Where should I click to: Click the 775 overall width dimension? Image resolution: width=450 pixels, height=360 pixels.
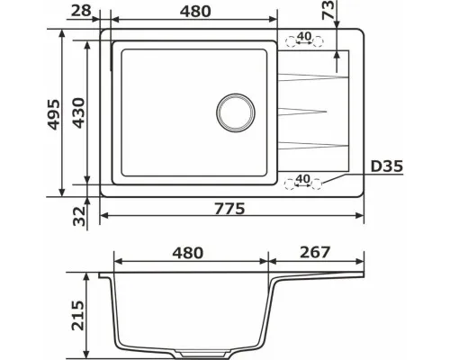[x=229, y=209]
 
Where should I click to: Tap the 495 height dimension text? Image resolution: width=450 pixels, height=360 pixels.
[x=54, y=114]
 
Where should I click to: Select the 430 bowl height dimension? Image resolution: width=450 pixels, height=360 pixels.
[x=79, y=112]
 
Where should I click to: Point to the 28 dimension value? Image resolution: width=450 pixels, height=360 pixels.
[x=81, y=11]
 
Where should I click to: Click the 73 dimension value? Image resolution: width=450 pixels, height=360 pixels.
[x=328, y=10]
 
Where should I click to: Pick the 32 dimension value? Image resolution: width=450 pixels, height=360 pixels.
[x=79, y=216]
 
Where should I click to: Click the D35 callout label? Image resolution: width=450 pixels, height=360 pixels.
[x=387, y=166]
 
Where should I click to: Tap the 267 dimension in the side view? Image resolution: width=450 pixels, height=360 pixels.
[x=315, y=252]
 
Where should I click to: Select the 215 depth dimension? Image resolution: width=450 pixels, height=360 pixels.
[x=78, y=315]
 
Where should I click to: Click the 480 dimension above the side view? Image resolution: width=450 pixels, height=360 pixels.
[x=188, y=253]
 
